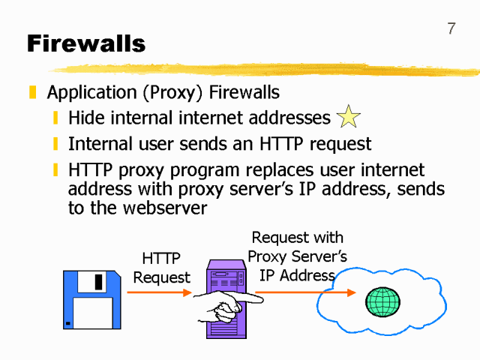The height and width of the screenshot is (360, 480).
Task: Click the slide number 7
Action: click(x=451, y=29)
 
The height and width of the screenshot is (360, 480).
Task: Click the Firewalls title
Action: click(x=86, y=44)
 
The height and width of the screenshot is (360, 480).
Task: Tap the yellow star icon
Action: click(x=349, y=117)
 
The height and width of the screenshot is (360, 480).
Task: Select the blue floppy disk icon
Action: click(x=92, y=299)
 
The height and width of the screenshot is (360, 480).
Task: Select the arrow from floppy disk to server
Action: click(x=159, y=292)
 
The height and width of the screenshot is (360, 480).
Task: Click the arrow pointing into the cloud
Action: click(x=307, y=292)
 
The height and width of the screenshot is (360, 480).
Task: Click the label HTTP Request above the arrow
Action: click(x=161, y=268)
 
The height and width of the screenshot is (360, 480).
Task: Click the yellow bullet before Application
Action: click(x=32, y=93)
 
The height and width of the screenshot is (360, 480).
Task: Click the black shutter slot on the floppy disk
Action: click(x=97, y=281)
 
